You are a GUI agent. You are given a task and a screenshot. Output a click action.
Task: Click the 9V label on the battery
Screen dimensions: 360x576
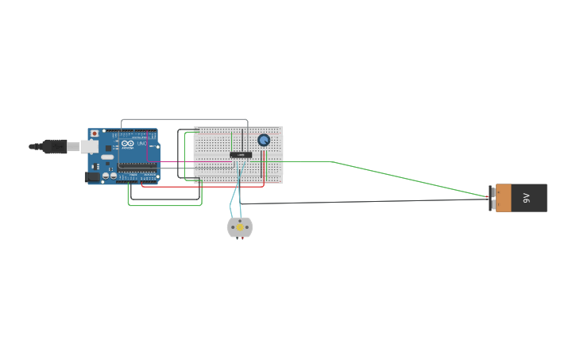[x=527, y=198]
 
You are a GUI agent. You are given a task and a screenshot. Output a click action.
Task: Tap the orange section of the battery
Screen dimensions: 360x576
[x=503, y=198]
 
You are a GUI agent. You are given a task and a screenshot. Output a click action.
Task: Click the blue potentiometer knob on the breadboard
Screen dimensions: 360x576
[x=264, y=140]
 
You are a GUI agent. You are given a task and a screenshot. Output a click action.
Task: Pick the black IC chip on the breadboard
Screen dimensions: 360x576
[x=241, y=154]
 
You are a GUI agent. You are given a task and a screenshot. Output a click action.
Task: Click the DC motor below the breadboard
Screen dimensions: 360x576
[x=240, y=227]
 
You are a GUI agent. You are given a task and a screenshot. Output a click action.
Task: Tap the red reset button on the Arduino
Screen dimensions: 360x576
[x=95, y=134]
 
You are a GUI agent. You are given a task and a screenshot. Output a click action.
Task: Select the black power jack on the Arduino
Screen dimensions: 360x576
[x=91, y=177]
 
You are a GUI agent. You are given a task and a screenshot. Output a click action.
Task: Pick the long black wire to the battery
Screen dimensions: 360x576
[x=365, y=201]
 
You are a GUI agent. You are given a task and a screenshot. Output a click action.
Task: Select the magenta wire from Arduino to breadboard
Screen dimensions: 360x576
[x=179, y=161]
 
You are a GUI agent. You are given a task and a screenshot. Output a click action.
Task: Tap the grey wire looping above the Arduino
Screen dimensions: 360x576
[x=183, y=120]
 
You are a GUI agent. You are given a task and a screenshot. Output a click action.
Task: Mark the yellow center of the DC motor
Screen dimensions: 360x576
[x=240, y=227]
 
